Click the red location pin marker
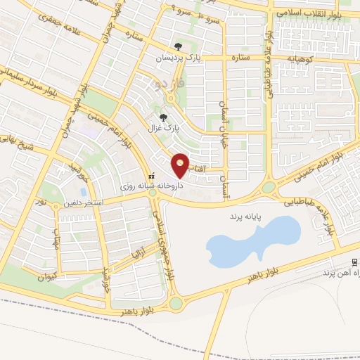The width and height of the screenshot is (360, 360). pos(181,165)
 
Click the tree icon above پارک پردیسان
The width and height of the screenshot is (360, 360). pos(178,46)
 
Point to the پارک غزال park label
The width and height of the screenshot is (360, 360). pos(164,129)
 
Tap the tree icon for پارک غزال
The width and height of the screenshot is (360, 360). pos(164,118)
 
